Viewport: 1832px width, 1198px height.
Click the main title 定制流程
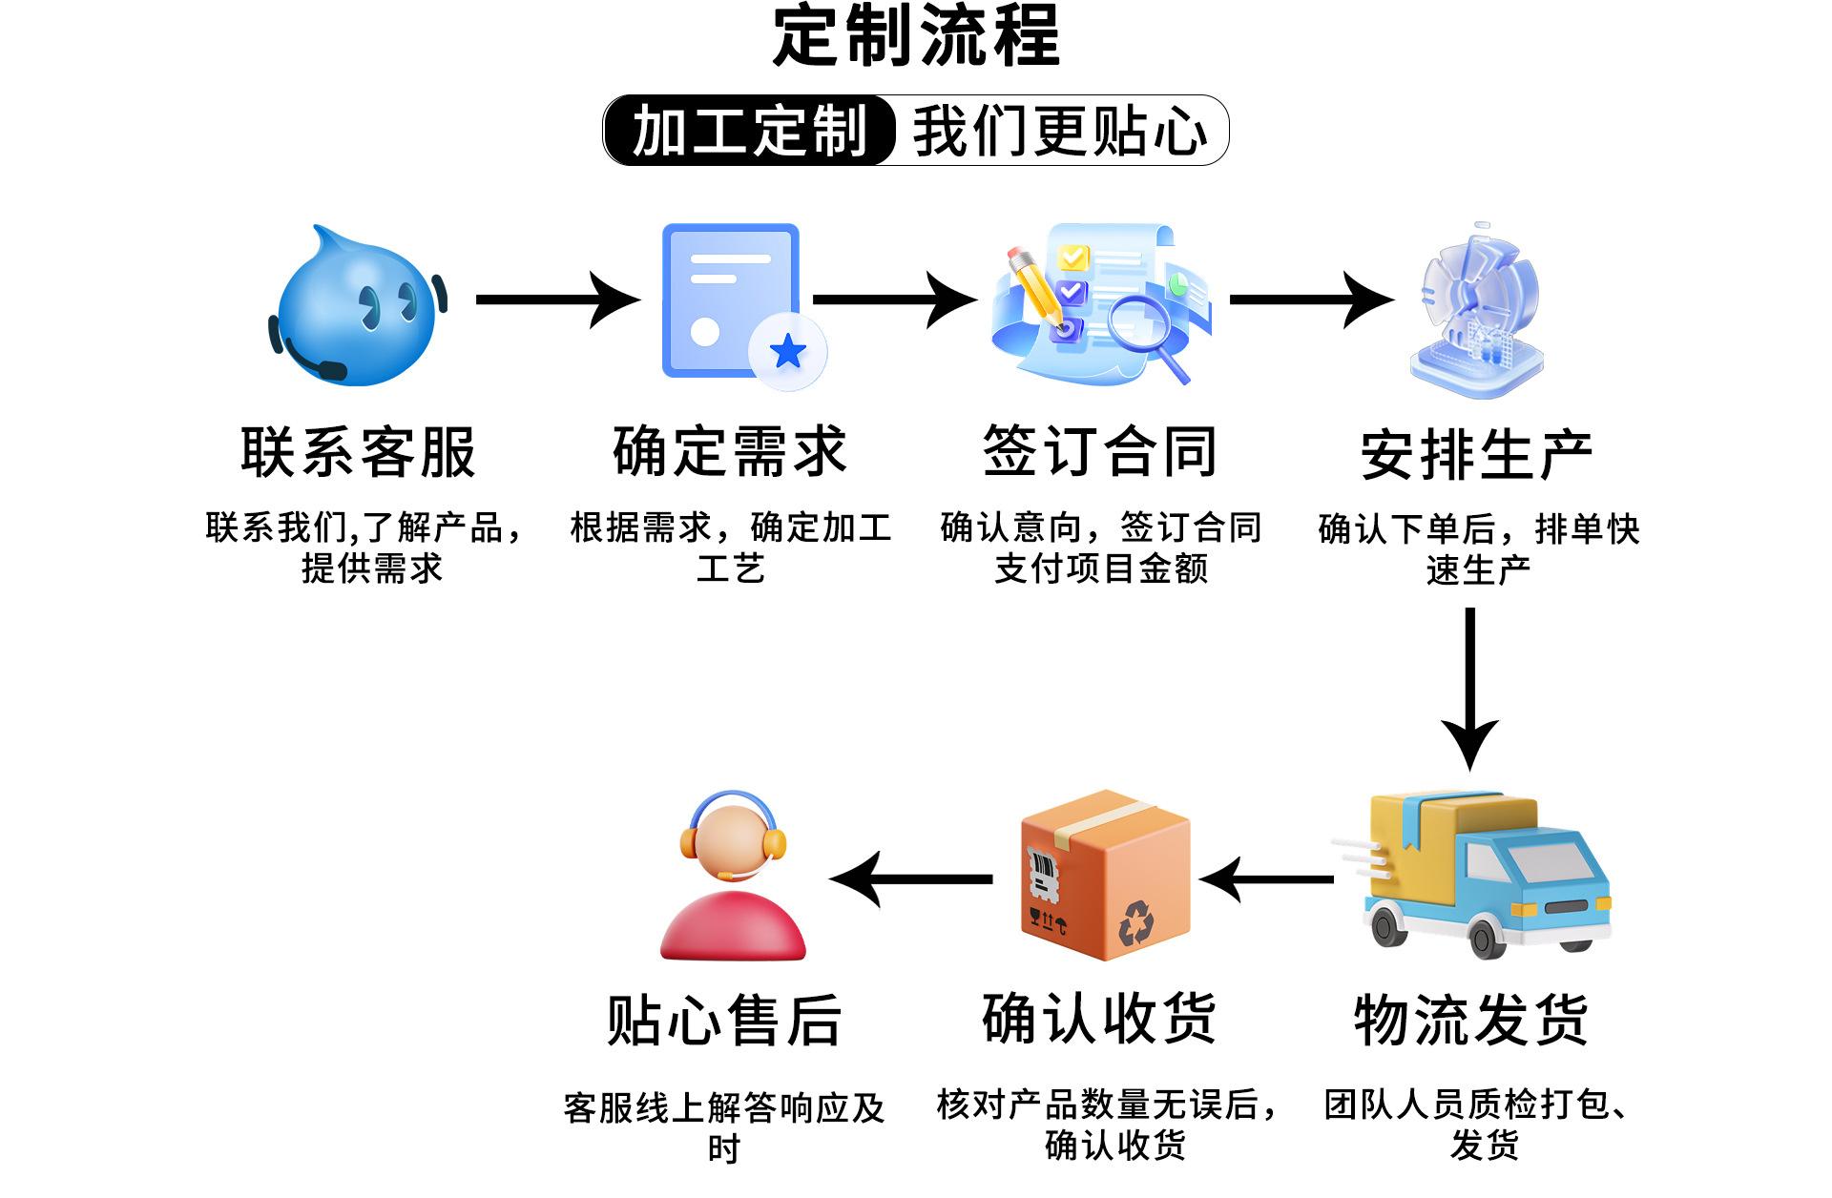[916, 36]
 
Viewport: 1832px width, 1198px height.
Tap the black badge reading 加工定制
[750, 131]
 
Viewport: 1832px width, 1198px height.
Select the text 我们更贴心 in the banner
[1059, 131]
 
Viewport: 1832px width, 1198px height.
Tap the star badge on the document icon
[788, 352]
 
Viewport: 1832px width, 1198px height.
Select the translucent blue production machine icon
[1477, 310]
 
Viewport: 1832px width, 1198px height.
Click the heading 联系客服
[358, 452]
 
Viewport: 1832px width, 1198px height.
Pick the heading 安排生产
[1476, 455]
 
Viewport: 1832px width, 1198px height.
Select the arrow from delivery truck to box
[1266, 878]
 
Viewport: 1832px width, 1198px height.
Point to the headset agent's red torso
[733, 927]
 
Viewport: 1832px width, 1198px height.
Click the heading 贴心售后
[724, 1021]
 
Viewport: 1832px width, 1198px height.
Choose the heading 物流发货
[1470, 1020]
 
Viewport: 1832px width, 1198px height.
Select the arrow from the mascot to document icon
[557, 299]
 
